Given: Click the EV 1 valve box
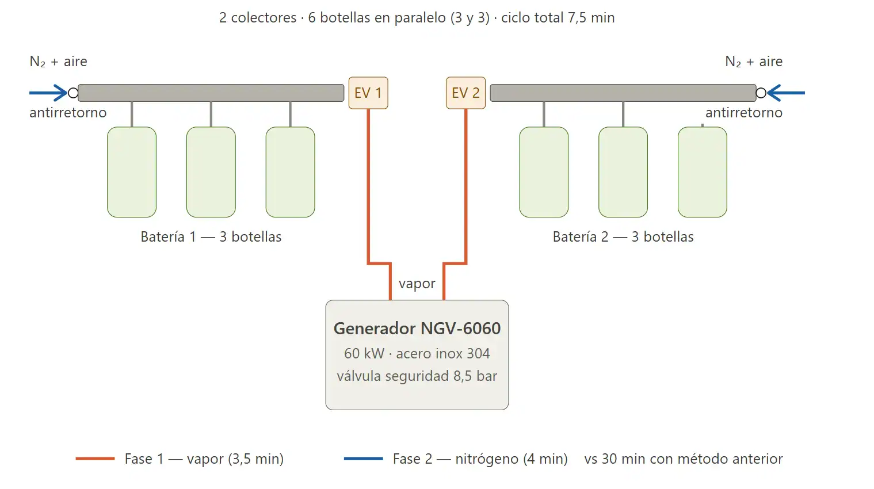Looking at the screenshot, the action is tap(368, 93).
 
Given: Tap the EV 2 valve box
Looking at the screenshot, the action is tap(466, 93).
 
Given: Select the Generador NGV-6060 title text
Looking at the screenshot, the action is tap(417, 328).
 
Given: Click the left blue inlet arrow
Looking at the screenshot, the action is tap(48, 93).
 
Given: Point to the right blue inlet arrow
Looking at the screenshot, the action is tap(786, 93).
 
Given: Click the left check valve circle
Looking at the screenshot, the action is tap(73, 93).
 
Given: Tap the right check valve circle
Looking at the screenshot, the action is tap(761, 93).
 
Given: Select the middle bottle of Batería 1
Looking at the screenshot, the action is tap(211, 172).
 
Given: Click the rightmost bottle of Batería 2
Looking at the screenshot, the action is tap(703, 172).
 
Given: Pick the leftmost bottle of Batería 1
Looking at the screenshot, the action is tap(132, 172).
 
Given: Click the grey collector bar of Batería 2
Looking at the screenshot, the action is tap(623, 93).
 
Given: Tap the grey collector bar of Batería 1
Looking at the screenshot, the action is tap(211, 93).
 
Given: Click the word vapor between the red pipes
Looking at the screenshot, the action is tap(417, 284).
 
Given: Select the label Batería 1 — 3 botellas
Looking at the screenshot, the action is tap(211, 237).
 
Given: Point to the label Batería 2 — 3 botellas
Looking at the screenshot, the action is tap(623, 237).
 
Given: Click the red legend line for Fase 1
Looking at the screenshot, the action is tap(95, 459).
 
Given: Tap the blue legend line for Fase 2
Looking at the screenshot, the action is tap(363, 459).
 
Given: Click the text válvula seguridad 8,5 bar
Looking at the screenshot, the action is tap(417, 376).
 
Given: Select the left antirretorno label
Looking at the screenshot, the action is tap(68, 113).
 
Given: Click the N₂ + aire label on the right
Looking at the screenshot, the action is tap(754, 62).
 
